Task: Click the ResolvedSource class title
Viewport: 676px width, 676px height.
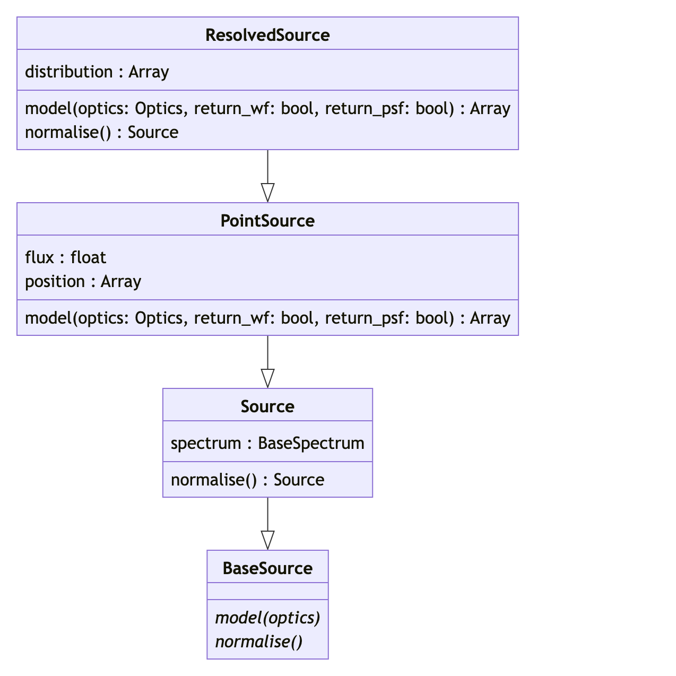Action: pyautogui.click(x=267, y=35)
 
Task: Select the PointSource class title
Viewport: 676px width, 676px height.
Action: pyautogui.click(x=267, y=221)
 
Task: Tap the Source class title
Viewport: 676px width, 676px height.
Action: pyautogui.click(x=267, y=406)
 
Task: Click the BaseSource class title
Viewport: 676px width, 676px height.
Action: pyautogui.click(x=267, y=568)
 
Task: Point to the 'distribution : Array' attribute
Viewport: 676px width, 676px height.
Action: pyautogui.click(x=97, y=72)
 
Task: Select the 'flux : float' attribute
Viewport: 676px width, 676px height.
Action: pyautogui.click(x=66, y=257)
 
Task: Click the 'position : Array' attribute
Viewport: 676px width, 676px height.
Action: pyautogui.click(x=83, y=281)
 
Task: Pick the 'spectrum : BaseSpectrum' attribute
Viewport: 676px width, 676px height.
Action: pyautogui.click(x=267, y=443)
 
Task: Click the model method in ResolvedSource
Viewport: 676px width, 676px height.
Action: pyautogui.click(x=267, y=108)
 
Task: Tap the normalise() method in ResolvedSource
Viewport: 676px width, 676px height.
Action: pyautogui.click(x=102, y=132)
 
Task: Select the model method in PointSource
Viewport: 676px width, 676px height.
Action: pyautogui.click(x=267, y=318)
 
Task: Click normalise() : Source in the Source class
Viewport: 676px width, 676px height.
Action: pyautogui.click(x=247, y=480)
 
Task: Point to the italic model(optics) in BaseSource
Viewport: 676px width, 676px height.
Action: pyautogui.click(x=267, y=618)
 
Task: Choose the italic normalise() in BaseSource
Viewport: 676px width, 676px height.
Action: pyautogui.click(x=259, y=642)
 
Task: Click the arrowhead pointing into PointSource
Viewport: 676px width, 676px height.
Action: pyautogui.click(x=268, y=193)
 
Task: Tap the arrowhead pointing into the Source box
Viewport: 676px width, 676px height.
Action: pyautogui.click(x=268, y=378)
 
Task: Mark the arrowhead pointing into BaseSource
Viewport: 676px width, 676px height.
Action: pyautogui.click(x=268, y=540)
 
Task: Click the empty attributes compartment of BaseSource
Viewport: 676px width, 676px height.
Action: pyautogui.click(x=267, y=591)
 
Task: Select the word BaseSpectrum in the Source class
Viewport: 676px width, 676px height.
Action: pyautogui.click(x=311, y=443)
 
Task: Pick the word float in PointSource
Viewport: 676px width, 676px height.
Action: pyautogui.click(x=89, y=257)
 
